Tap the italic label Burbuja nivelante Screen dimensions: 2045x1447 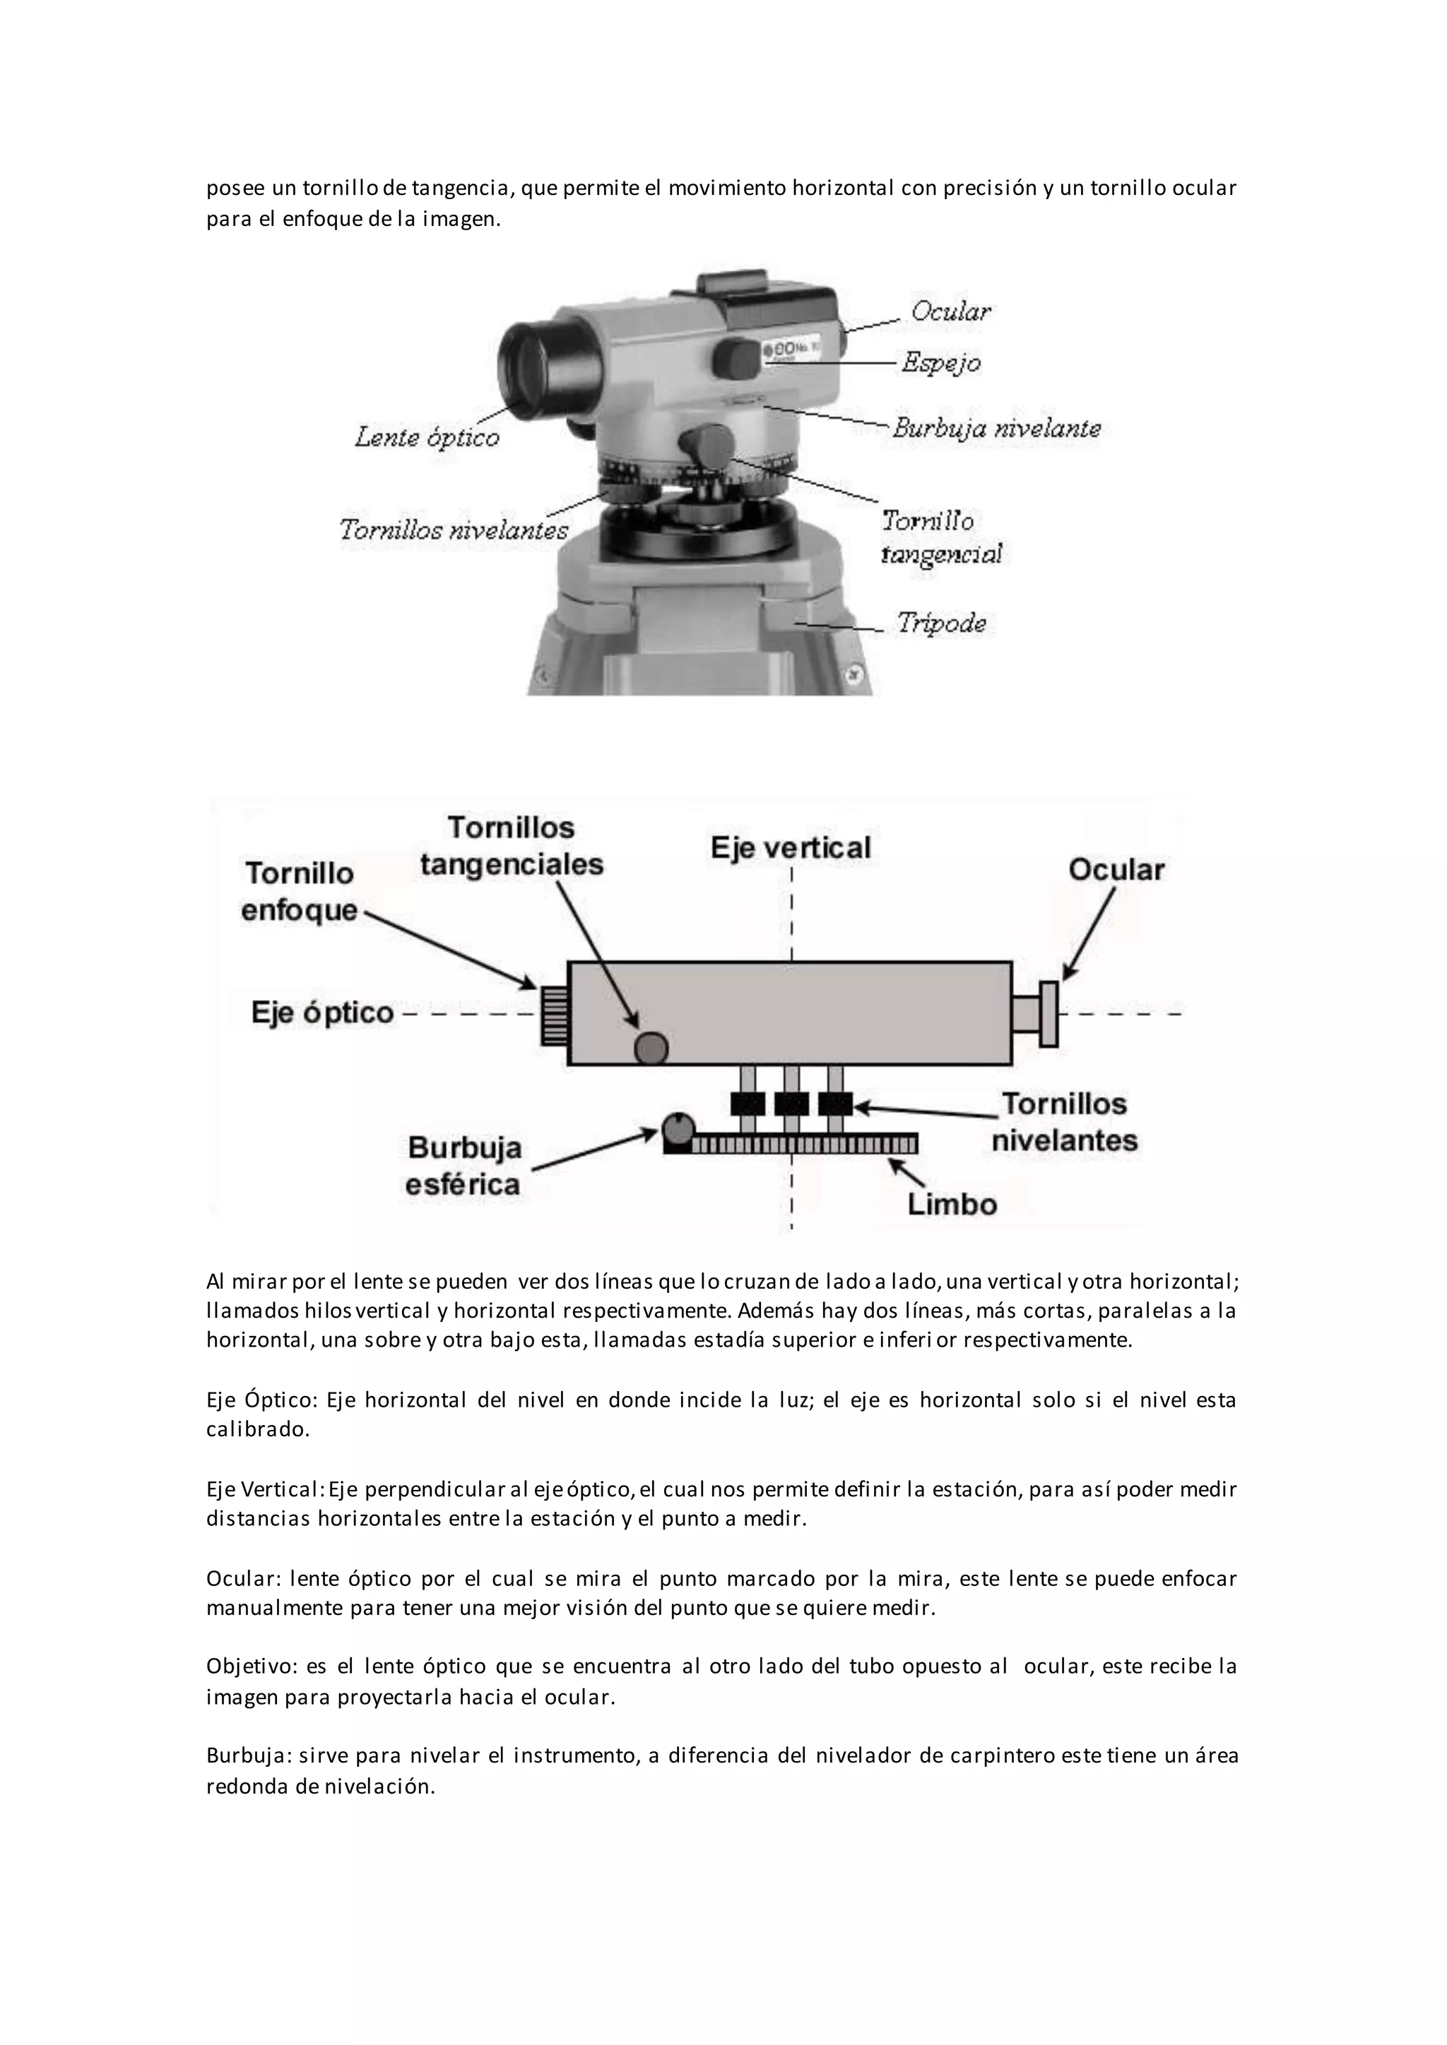(x=996, y=429)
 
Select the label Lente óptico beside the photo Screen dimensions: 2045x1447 (x=427, y=437)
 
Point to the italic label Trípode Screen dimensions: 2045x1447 (x=942, y=623)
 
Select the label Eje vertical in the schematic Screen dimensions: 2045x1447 (x=791, y=847)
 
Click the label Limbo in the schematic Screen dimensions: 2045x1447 (x=952, y=1204)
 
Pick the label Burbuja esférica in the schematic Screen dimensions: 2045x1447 (x=463, y=1166)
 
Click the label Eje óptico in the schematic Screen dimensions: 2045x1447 (x=323, y=1013)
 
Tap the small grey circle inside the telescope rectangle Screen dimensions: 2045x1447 (x=651, y=1047)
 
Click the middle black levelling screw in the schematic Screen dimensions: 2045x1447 (x=791, y=1104)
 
